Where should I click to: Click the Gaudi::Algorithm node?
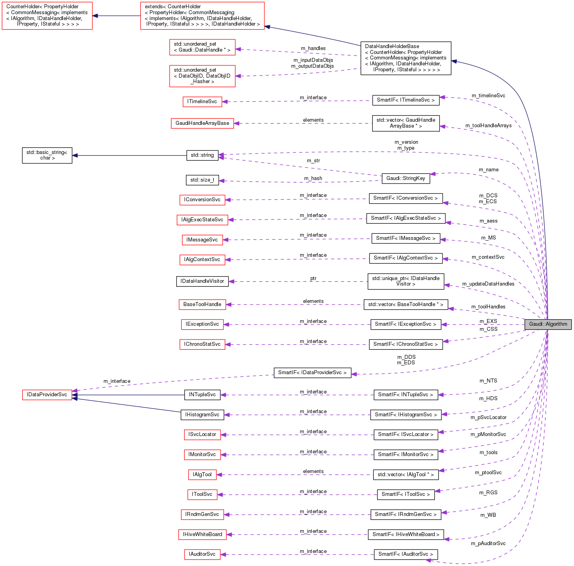pos(548,324)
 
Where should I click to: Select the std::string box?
pos(202,155)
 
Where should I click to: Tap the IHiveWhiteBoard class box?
pos(202,534)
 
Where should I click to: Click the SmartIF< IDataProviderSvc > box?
pos(312,373)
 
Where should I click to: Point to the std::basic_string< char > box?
pos(47,155)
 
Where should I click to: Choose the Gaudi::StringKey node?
pos(406,178)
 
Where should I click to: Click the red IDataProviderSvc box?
pos(47,395)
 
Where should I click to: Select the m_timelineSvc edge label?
pos(488,96)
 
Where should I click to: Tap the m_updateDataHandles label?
pos(488,284)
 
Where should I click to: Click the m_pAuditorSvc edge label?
pos(488,544)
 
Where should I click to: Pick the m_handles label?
pos(313,48)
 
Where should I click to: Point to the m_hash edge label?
pos(313,178)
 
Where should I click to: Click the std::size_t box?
pos(202,180)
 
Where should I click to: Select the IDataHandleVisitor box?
pos(202,281)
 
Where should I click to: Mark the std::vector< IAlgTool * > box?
pos(406,475)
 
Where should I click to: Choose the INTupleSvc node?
pos(202,395)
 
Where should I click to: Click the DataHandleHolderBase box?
pos(406,58)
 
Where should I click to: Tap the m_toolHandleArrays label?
pos(488,126)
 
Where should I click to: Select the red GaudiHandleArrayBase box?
pos(202,123)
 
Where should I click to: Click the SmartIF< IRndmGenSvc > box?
pos(406,514)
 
